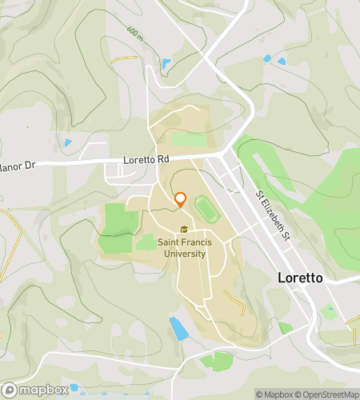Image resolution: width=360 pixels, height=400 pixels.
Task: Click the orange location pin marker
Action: (180, 200)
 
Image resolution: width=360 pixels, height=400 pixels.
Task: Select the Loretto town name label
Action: (299, 278)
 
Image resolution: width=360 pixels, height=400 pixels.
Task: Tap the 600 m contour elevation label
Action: (134, 34)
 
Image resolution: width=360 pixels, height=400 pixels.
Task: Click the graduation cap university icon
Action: (184, 230)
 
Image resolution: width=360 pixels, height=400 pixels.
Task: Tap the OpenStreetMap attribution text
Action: (327, 394)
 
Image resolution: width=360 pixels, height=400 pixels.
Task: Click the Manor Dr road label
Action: (18, 166)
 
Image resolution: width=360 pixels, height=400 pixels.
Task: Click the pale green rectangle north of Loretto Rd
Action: (189, 138)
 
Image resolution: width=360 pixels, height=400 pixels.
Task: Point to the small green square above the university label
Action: (146, 242)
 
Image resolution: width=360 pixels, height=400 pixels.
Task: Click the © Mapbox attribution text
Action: (273, 394)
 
